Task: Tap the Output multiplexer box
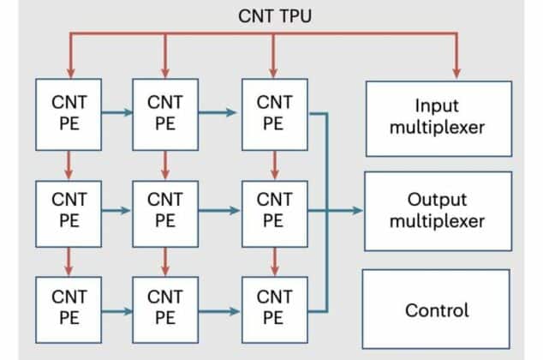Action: (x=438, y=210)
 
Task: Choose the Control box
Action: (x=437, y=309)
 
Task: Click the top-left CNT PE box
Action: (x=69, y=112)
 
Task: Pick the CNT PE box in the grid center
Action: (x=165, y=210)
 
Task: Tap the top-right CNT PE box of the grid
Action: (x=272, y=112)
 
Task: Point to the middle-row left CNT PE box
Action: (x=69, y=210)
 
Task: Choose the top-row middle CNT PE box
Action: (x=165, y=112)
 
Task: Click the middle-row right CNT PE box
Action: (x=272, y=210)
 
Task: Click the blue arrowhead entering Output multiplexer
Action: (x=358, y=210)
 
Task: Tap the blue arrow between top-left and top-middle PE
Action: (x=117, y=112)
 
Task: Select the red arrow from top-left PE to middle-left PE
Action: (x=69, y=161)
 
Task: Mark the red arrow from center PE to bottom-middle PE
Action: (x=165, y=259)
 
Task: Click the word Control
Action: (x=437, y=309)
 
